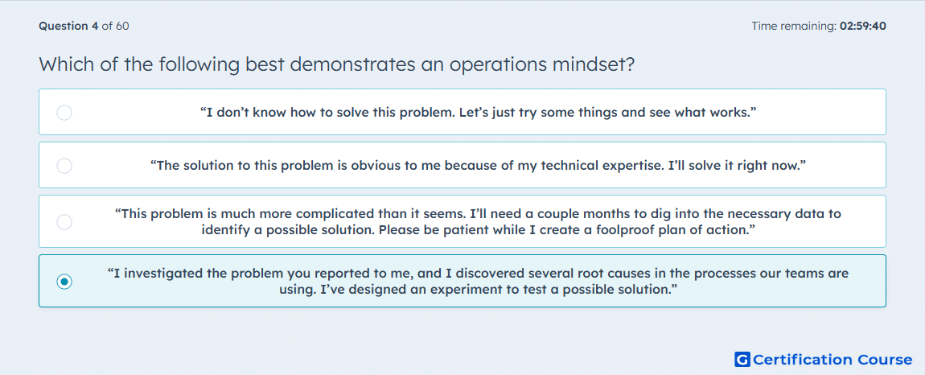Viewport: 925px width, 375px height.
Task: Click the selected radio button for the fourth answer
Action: click(64, 282)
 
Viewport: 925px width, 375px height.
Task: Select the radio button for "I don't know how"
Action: click(64, 112)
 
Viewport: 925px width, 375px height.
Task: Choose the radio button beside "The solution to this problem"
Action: click(64, 166)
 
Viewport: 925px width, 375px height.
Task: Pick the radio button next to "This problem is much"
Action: click(64, 222)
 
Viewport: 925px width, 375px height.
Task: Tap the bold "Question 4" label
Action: click(69, 26)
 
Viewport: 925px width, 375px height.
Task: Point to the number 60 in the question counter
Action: click(123, 26)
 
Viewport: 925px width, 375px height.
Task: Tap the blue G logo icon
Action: click(742, 359)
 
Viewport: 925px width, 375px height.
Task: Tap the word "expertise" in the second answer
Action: click(631, 166)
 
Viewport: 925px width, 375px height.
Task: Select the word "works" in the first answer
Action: click(734, 112)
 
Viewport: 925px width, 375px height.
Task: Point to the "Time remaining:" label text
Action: click(794, 26)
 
